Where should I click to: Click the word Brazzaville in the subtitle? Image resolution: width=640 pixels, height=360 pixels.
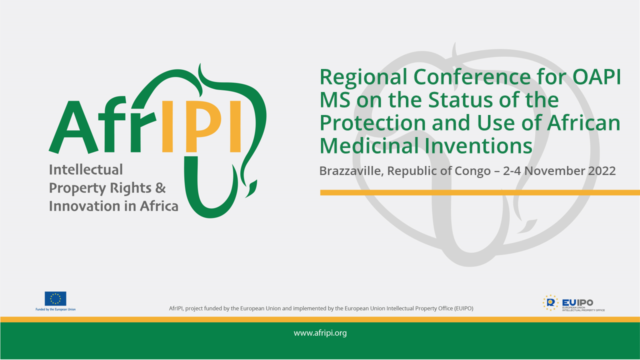coord(351,171)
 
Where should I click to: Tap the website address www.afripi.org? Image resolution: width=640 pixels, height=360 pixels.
coord(320,333)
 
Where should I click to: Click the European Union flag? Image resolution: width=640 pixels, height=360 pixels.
coord(55,298)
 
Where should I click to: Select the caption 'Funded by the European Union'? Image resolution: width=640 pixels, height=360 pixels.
coord(55,309)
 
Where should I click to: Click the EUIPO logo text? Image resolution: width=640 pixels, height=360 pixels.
coord(577,302)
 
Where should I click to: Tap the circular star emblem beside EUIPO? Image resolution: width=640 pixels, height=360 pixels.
coord(550,303)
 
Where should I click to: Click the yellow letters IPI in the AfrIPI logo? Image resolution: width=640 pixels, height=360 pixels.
coord(201,126)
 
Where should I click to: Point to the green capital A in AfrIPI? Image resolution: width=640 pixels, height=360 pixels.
coord(73,127)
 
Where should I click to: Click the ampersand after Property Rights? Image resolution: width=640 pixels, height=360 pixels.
coord(160,188)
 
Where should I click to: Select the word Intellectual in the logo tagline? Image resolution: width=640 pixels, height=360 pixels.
coord(85,169)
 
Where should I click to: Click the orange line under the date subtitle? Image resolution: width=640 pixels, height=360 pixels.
coord(480,192)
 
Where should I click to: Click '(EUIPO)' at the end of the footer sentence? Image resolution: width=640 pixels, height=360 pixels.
coord(463,308)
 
